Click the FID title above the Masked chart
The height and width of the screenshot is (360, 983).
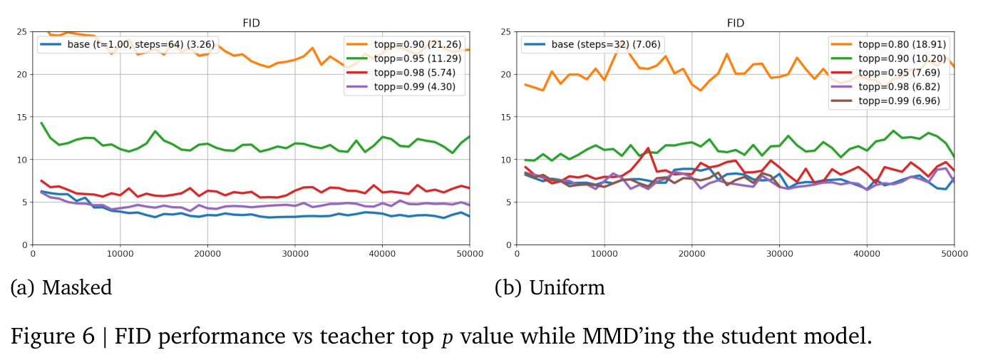(x=251, y=23)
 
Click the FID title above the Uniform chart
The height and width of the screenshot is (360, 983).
(x=736, y=23)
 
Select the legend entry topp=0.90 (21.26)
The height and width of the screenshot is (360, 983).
(x=403, y=44)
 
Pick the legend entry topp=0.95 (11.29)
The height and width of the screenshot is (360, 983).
(x=403, y=58)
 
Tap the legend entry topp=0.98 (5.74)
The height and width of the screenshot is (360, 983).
(x=401, y=73)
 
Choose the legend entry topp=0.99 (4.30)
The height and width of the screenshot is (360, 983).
(x=401, y=86)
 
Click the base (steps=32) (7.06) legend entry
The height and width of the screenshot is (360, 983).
(x=592, y=44)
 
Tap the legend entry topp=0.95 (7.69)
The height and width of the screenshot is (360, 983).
(x=885, y=73)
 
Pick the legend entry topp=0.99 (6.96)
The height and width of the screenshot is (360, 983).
(x=885, y=101)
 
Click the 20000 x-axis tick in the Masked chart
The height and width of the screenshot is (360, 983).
(x=207, y=254)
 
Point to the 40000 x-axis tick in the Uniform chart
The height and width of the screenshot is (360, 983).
(x=867, y=254)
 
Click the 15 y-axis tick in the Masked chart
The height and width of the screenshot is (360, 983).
(x=22, y=117)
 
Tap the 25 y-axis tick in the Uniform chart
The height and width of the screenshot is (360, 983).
(x=506, y=31)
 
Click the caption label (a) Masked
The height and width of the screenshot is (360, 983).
(x=61, y=287)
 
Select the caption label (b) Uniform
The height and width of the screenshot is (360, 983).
(x=550, y=287)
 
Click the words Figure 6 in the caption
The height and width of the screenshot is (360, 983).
(x=53, y=336)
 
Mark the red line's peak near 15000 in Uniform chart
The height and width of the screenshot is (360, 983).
(x=648, y=148)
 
